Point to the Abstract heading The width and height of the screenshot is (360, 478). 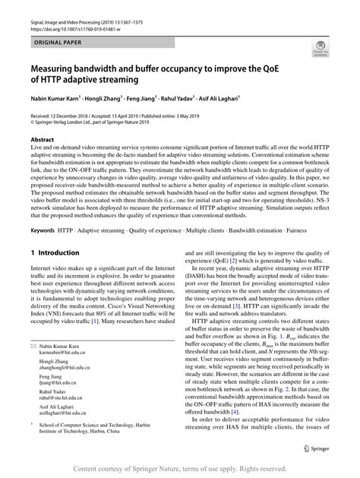click(42, 140)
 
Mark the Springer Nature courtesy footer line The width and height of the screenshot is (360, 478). click(180, 468)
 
